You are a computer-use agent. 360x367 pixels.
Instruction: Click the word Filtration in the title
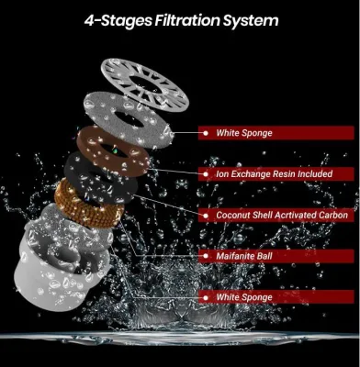pyautogui.click(x=187, y=20)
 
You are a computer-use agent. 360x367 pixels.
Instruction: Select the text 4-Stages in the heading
pyautogui.click(x=118, y=21)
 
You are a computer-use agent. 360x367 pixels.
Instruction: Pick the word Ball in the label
pyautogui.click(x=264, y=256)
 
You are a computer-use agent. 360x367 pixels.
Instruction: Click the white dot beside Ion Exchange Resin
pyautogui.click(x=206, y=174)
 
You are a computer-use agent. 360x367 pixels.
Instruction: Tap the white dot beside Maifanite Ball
pyautogui.click(x=206, y=256)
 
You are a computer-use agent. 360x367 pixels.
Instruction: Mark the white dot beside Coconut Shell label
pyautogui.click(x=206, y=216)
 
